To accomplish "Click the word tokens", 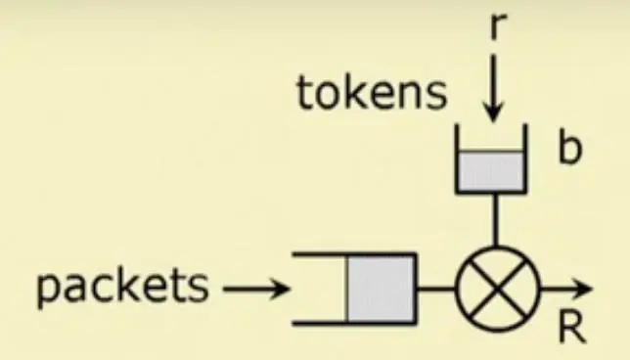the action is coord(372,94).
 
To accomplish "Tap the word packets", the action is coord(122,288).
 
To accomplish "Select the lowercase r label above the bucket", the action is coord(499,26).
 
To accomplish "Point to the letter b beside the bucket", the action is coord(570,148).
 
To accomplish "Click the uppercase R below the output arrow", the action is coord(572,328).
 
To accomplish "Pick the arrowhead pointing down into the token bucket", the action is coord(493,112).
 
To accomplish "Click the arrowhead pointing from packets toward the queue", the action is coord(280,289).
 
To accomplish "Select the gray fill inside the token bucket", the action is coord(491,170).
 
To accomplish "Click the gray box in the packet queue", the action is coord(381,289).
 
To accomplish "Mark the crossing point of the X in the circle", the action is coord(497,289).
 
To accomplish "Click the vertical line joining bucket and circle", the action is coord(496,220).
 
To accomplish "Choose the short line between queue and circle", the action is coord(436,289).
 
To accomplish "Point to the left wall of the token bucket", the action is coord(457,158).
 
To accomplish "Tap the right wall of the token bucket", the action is coord(525,158).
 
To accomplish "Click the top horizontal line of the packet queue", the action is coord(354,254).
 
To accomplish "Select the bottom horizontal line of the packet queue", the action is coord(354,323).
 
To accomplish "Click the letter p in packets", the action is coord(48,291).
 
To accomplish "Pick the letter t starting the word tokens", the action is coord(303,94).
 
